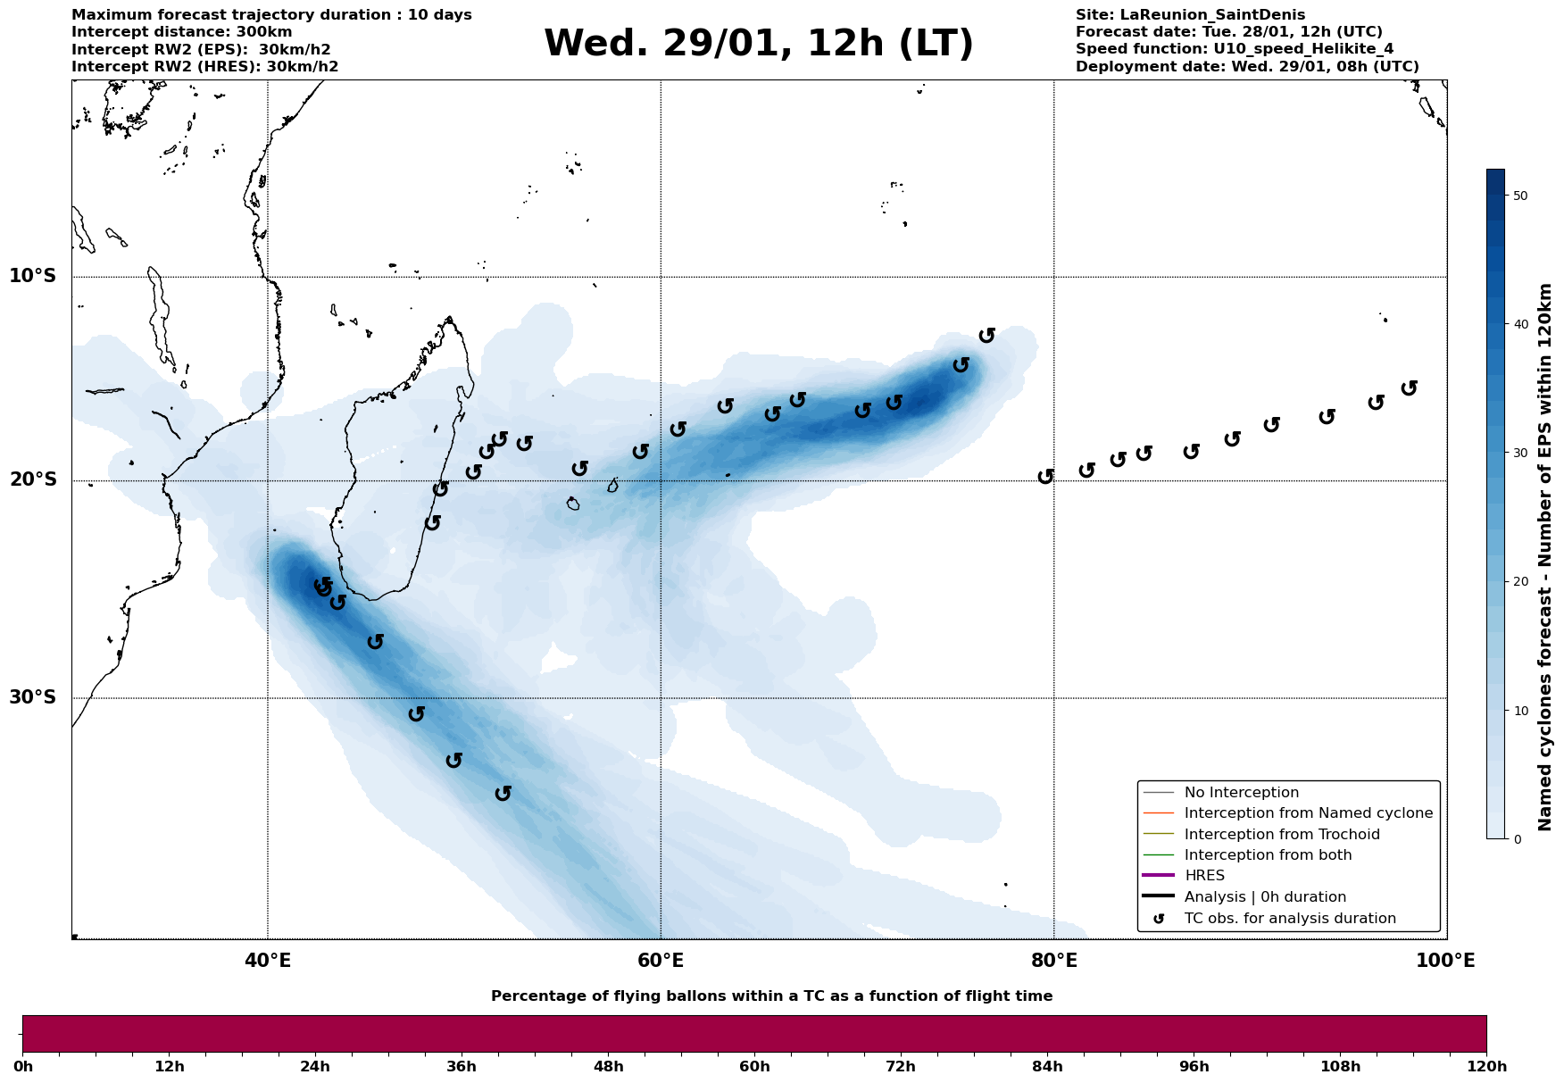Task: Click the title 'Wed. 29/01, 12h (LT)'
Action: pyautogui.click(x=758, y=44)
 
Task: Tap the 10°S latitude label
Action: pyautogui.click(x=33, y=276)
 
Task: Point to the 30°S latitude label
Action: pyautogui.click(x=33, y=697)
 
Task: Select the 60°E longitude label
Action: pyautogui.click(x=661, y=962)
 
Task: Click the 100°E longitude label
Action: pyautogui.click(x=1446, y=962)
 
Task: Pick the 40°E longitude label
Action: pyautogui.click(x=268, y=962)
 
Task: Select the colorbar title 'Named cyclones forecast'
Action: pyautogui.click(x=1546, y=557)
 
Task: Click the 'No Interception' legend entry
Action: pyautogui.click(x=1241, y=793)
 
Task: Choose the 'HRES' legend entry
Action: pyautogui.click(x=1204, y=876)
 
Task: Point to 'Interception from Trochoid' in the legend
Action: pyautogui.click(x=1282, y=835)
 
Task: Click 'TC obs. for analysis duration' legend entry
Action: pyautogui.click(x=1290, y=919)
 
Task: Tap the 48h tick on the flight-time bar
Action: pyautogui.click(x=608, y=1067)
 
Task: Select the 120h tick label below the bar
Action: pyautogui.click(x=1486, y=1067)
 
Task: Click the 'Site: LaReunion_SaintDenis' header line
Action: pyautogui.click(x=1190, y=15)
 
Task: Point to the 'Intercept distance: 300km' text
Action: pyautogui.click(x=182, y=32)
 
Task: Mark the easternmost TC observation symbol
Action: pyautogui.click(x=1410, y=388)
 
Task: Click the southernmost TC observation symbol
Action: pyautogui.click(x=503, y=793)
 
